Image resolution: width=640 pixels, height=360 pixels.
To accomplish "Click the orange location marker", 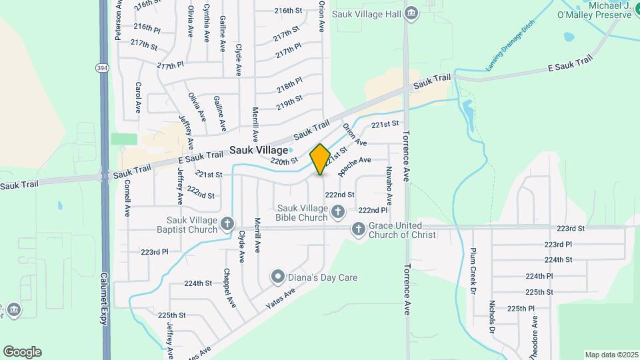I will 320,159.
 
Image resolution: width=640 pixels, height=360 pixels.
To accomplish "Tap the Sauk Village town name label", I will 259,151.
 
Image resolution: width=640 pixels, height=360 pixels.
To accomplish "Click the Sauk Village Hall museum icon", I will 411,13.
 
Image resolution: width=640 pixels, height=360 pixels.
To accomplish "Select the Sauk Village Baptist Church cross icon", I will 227,224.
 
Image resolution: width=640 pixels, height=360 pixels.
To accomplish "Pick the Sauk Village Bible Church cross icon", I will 338,213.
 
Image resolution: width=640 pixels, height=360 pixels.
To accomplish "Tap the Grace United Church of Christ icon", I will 359,229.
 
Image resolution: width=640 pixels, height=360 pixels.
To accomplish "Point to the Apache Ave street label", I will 354,165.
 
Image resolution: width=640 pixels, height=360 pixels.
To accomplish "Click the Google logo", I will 22,351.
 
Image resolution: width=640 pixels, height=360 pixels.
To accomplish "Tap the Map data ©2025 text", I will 611,355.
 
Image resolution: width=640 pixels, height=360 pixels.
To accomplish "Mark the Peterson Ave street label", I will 118,20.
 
